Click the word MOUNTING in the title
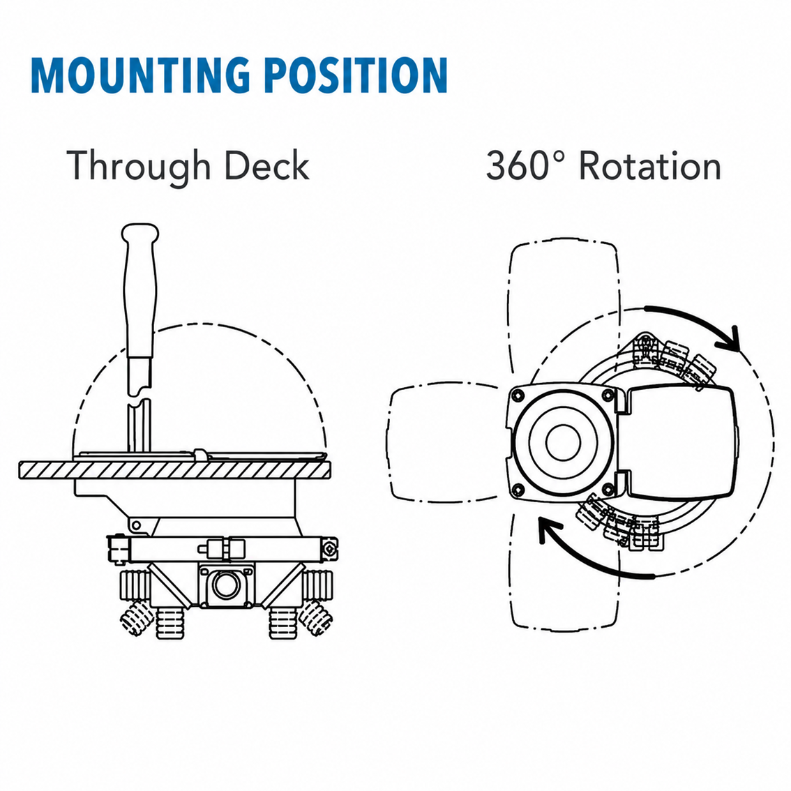pos(141,75)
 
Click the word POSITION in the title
pos(356,75)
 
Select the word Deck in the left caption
pos(266,165)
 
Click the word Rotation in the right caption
pos(650,165)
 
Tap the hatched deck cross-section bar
pos(175,469)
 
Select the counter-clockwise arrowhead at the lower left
pos(550,529)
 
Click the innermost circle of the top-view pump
pos(563,442)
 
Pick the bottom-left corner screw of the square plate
pos(518,490)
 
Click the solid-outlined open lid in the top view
pos(679,442)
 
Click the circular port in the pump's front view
pos(225,585)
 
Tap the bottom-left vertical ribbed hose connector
pos(170,622)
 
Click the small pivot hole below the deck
pos(136,526)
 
